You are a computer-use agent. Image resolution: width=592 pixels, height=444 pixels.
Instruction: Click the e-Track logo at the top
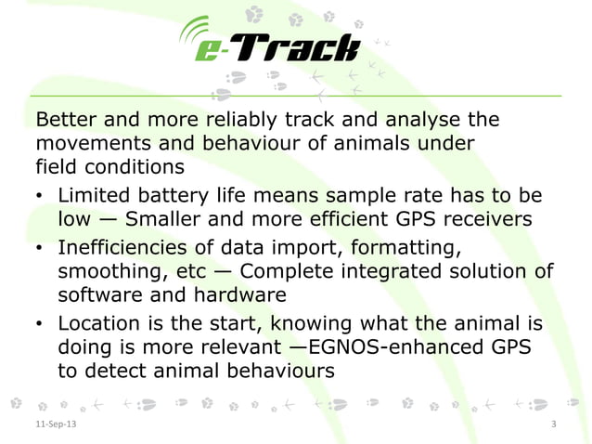point(268,45)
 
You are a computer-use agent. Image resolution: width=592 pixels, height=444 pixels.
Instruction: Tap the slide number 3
point(553,424)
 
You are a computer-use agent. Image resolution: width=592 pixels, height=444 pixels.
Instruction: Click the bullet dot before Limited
point(40,198)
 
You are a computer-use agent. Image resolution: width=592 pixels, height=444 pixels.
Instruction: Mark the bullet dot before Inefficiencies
point(40,248)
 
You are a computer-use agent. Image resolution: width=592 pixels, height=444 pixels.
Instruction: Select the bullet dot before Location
point(40,324)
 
